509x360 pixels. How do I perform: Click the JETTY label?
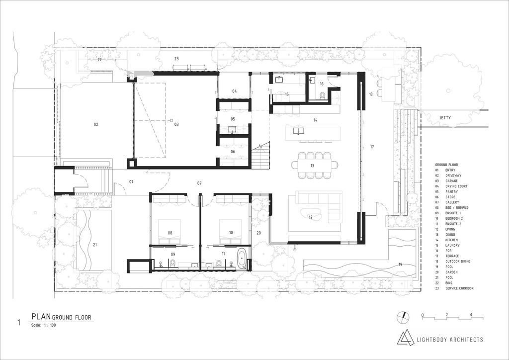click(445, 118)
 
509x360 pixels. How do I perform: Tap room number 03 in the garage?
click(176, 124)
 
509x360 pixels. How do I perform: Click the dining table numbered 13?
click(315, 165)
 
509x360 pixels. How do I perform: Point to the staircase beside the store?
click(260, 155)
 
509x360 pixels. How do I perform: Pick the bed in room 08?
click(170, 231)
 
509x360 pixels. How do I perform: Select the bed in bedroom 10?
click(231, 231)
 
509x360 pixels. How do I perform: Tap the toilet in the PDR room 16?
click(322, 95)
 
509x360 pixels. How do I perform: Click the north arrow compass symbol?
click(403, 317)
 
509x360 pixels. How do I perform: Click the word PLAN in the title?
click(41, 317)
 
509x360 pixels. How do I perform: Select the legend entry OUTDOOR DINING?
click(458, 262)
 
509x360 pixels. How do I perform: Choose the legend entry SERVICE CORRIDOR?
click(459, 288)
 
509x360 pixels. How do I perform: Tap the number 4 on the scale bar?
click(471, 315)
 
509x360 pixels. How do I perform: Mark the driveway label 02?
click(96, 124)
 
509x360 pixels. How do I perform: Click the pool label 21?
click(95, 245)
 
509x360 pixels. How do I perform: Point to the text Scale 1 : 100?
click(44, 325)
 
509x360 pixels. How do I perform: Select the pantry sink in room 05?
click(232, 130)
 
